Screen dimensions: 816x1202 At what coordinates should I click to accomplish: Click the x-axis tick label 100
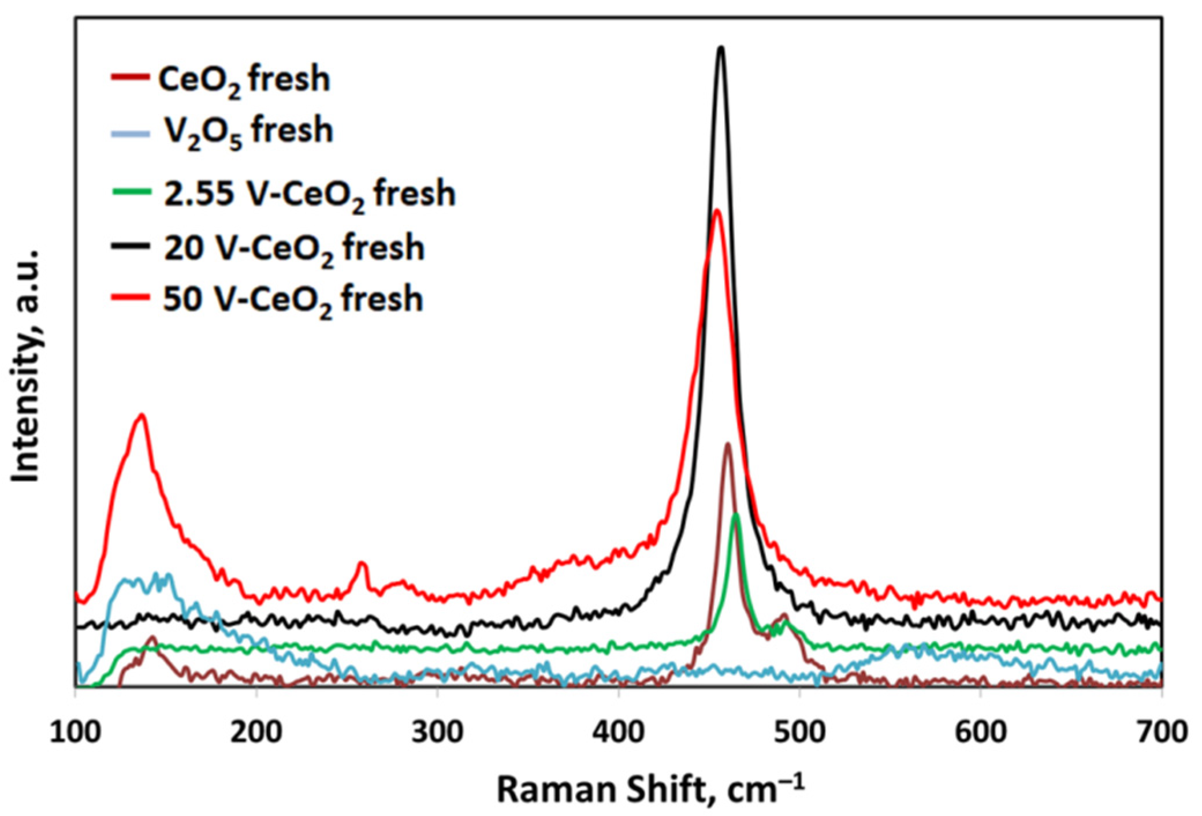click(x=75, y=732)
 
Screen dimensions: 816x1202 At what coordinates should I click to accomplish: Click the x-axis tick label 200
click(x=256, y=732)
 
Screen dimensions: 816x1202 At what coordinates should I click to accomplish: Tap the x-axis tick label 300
click(x=437, y=732)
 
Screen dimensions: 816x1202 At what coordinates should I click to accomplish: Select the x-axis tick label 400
click(x=618, y=732)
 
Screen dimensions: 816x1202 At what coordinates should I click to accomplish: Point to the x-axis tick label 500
click(x=799, y=732)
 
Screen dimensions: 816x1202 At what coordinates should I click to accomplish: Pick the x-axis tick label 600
click(x=980, y=732)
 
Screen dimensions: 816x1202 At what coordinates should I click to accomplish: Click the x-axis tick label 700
click(x=1161, y=732)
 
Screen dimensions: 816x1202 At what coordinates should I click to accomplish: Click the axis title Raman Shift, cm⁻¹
click(x=650, y=789)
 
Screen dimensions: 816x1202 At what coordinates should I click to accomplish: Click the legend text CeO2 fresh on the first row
click(x=244, y=80)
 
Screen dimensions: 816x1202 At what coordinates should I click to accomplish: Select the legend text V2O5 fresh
click(x=248, y=132)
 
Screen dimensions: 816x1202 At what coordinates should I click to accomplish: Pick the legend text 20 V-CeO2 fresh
click(x=294, y=249)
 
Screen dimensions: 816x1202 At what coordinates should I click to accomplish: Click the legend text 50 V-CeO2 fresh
click(x=293, y=300)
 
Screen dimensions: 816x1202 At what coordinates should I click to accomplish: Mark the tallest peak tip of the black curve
click(x=720, y=48)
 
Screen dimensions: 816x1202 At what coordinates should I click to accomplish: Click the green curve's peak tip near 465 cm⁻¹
click(x=735, y=514)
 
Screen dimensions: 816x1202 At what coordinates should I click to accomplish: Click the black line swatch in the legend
click(x=131, y=246)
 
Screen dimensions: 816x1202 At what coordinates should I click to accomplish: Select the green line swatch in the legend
click(x=131, y=192)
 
